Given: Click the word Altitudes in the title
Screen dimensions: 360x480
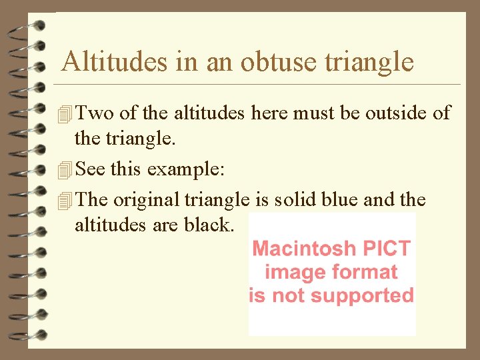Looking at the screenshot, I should point(114,62).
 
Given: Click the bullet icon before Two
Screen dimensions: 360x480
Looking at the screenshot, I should point(64,115).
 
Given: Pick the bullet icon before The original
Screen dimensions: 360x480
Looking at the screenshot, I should point(64,200).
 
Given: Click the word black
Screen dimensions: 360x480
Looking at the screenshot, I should point(207,225).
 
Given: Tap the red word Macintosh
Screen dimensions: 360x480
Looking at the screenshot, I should point(304,249).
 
